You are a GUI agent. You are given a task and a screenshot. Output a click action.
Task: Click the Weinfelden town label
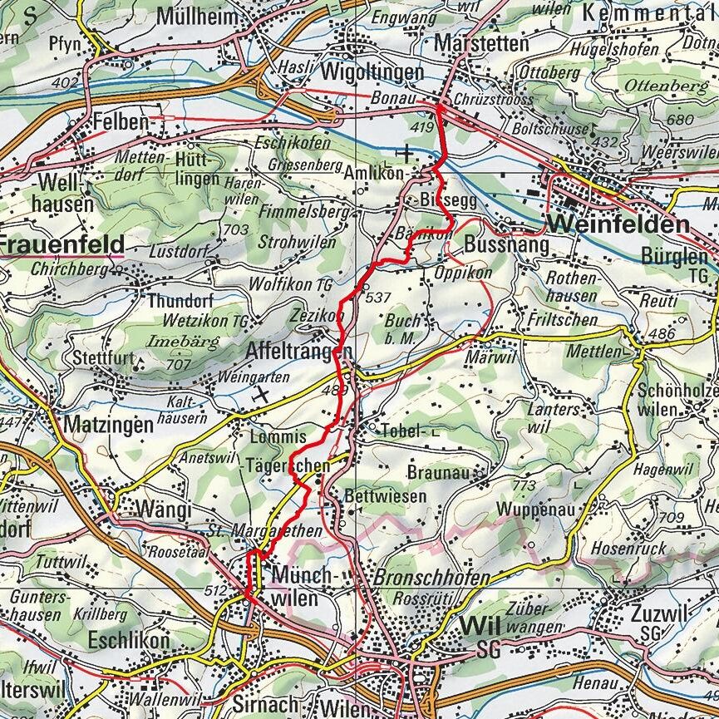click(x=618, y=224)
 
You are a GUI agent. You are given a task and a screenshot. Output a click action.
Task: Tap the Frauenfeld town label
click(x=62, y=245)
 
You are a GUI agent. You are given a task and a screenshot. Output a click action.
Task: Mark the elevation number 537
click(x=377, y=298)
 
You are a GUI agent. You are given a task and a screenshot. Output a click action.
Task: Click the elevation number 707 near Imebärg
click(x=179, y=363)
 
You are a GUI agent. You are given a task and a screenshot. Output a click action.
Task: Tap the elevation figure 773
click(x=525, y=485)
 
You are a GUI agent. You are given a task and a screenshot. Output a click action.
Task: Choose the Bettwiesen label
click(x=385, y=496)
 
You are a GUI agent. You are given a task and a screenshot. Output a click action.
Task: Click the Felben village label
click(x=119, y=120)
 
